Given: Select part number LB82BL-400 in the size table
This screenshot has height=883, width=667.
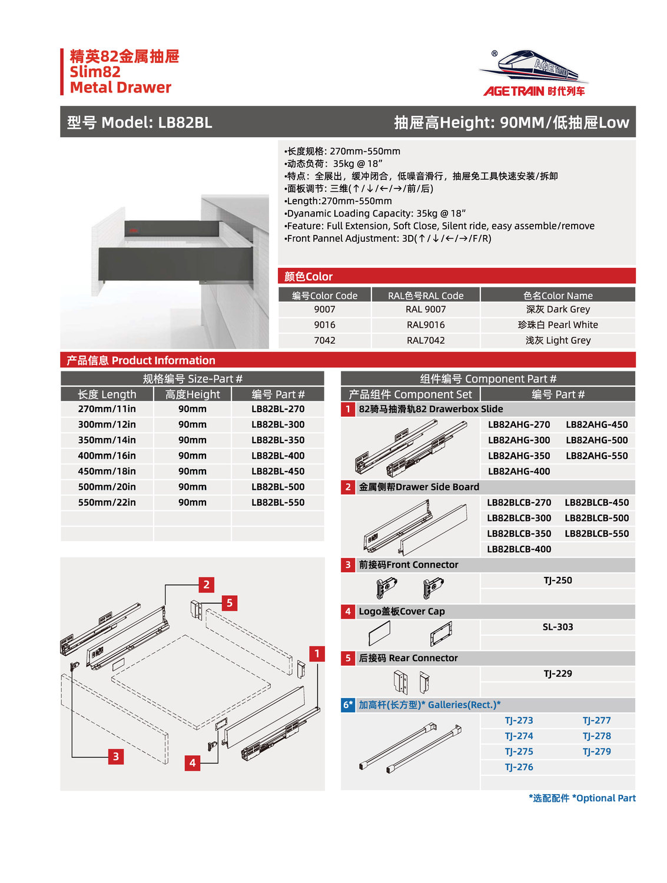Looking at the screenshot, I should tap(278, 456).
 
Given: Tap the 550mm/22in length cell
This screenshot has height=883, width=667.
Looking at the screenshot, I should tap(107, 502).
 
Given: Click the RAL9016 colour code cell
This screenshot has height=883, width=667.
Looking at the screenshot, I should tap(426, 325).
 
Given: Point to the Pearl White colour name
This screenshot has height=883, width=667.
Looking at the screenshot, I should tap(558, 325).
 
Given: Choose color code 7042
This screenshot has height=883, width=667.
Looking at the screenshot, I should tap(324, 340).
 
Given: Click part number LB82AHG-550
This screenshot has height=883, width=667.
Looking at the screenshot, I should tap(596, 456).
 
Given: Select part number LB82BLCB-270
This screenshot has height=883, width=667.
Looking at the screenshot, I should tap(519, 502).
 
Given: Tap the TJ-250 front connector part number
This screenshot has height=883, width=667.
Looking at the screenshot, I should tap(558, 580).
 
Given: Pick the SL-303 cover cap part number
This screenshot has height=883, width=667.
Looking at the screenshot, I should tap(558, 627).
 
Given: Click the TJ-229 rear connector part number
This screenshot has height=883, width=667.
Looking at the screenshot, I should tap(558, 673).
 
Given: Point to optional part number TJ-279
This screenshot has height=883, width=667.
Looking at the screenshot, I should tap(596, 752).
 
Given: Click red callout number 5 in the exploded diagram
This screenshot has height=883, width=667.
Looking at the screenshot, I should tap(230, 603).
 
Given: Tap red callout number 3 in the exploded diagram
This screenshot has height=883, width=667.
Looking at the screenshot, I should tap(116, 756).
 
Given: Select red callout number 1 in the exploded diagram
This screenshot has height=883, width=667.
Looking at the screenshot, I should tap(317, 653).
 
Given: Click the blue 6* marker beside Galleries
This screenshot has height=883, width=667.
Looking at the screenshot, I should tap(348, 705).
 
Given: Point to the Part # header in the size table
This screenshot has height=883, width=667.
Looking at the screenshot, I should tap(278, 394).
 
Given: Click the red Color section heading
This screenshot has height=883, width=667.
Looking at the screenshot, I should tap(308, 277).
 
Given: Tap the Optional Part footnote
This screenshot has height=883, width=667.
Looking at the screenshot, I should tap(582, 798).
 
